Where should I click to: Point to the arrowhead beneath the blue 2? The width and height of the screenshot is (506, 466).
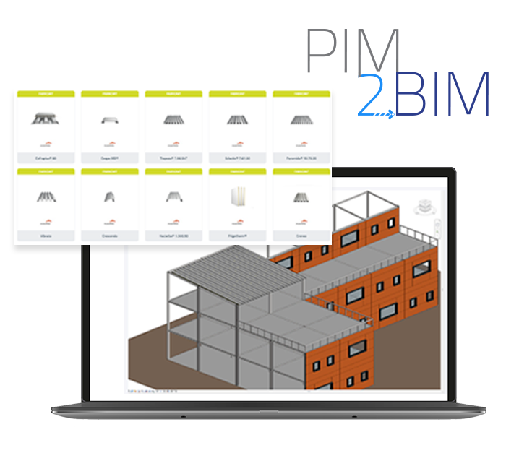click(x=391, y=113)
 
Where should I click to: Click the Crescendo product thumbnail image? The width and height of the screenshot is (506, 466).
click(x=108, y=197)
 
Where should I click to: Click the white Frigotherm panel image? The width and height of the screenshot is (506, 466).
click(x=236, y=197)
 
